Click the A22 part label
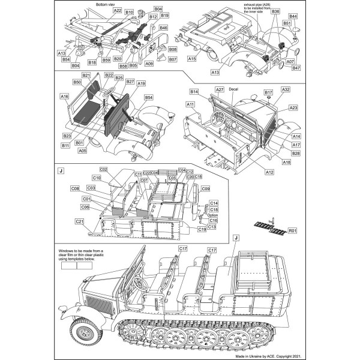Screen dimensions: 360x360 117,11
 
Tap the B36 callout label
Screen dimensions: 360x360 275,11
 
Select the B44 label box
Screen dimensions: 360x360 293,16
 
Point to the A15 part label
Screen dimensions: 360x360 192,59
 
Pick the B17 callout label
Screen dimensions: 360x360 268,93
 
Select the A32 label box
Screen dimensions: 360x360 286,89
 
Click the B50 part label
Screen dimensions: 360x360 77,82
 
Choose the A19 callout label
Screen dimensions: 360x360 142,84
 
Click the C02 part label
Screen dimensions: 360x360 103,170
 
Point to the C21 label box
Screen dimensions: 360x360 79,221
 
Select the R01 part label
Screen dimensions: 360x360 292,230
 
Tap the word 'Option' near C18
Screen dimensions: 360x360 212,215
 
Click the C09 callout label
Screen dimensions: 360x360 206,188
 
